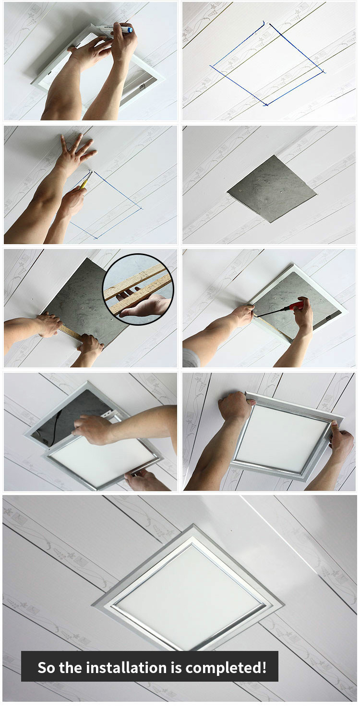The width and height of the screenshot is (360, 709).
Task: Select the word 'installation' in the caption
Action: [x=128, y=668]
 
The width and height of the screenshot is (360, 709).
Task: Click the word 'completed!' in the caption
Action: [x=226, y=668]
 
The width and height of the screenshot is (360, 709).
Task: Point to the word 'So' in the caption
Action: [x=46, y=668]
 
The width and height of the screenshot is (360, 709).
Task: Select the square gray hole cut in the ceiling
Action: [x=272, y=189]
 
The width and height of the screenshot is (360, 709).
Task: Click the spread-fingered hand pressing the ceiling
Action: [x=75, y=155]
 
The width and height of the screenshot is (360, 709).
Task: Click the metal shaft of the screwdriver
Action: [x=270, y=312]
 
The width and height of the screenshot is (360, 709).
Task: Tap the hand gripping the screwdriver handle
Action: [x=303, y=317]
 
